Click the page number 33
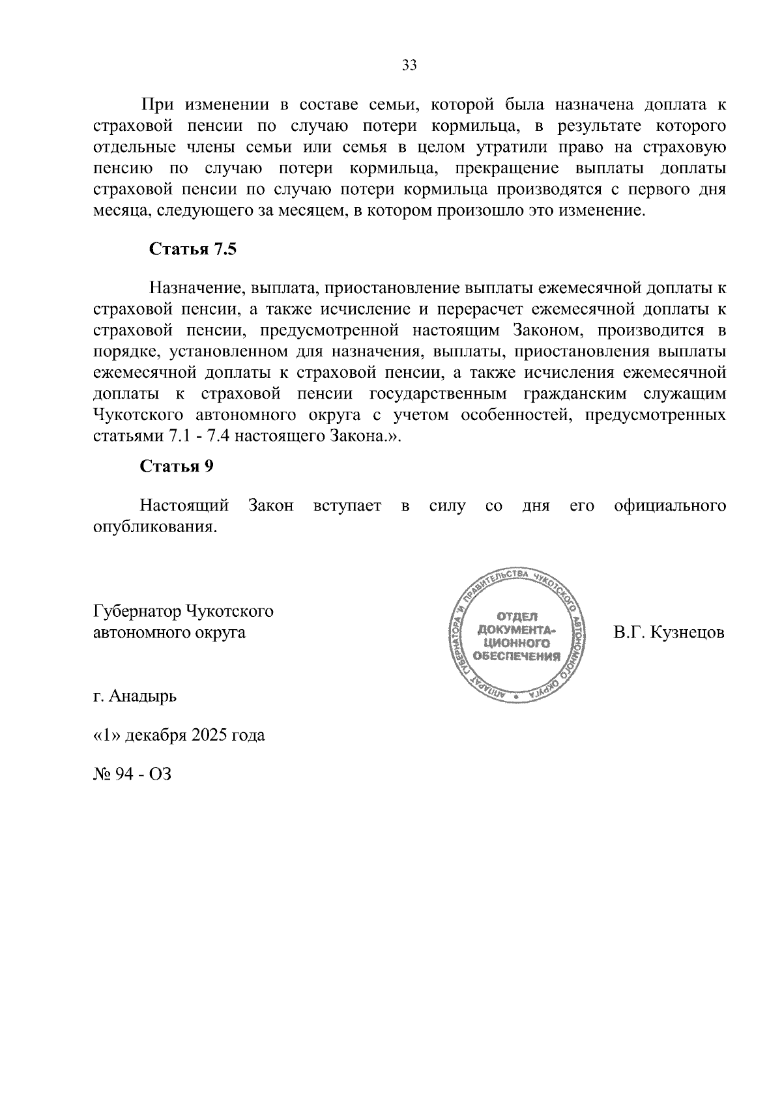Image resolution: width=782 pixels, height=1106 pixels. tap(409, 65)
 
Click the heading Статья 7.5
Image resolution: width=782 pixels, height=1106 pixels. tap(192, 249)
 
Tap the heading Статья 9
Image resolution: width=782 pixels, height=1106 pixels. tap(177, 466)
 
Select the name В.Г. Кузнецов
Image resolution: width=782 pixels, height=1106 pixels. tap(669, 632)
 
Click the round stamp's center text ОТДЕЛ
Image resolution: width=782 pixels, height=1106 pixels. tap(517, 616)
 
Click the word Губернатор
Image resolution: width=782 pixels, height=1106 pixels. tap(138, 611)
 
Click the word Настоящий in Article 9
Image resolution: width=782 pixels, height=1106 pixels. tap(184, 505)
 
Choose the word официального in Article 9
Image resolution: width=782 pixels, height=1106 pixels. tap(669, 505)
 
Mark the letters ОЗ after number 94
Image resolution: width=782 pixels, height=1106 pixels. tap(160, 774)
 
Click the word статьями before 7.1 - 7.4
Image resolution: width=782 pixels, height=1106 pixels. tap(128, 436)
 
